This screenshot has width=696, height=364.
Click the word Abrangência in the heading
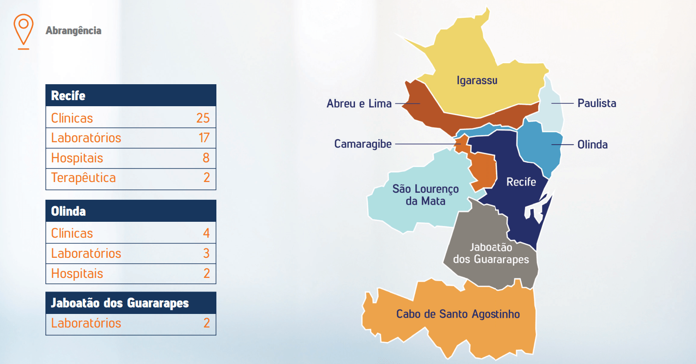(74, 31)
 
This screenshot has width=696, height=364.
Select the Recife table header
(68, 95)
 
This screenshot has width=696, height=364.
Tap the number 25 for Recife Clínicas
(203, 118)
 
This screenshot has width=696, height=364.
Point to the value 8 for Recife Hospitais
(206, 158)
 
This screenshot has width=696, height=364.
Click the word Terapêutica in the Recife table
(83, 178)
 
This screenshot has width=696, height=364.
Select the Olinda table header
(68, 211)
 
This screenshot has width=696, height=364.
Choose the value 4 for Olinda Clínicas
(206, 233)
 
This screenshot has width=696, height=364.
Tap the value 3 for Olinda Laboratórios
(206, 254)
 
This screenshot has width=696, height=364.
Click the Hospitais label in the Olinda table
(77, 274)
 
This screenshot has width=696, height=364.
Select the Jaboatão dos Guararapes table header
(120, 303)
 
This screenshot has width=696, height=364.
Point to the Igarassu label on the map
(477, 80)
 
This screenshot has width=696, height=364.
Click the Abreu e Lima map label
(359, 103)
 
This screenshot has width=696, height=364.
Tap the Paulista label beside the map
(597, 103)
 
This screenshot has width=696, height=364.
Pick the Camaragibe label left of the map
(363, 144)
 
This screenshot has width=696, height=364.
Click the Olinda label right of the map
(592, 145)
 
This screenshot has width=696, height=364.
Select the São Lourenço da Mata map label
(425, 195)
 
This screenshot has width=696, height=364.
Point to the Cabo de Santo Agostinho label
(458, 314)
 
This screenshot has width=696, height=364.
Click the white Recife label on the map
(521, 182)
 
